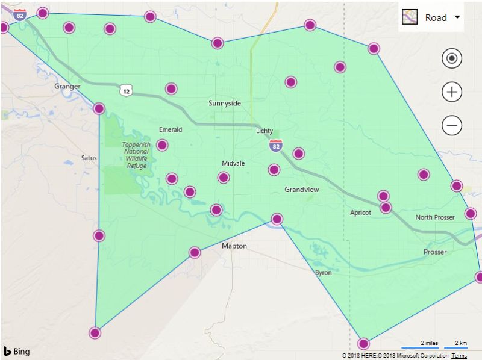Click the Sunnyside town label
point(225,103)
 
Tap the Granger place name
point(67,87)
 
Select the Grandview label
point(302,190)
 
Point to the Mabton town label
point(234,246)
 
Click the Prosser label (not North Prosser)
point(435,252)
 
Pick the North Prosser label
point(435,217)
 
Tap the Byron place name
point(323,273)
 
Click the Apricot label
point(361,213)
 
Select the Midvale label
point(233,164)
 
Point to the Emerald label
point(171,129)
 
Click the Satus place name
point(89,158)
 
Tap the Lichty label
point(264,131)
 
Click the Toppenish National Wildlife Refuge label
point(136,155)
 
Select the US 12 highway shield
point(125,91)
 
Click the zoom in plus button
point(452,92)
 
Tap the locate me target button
point(452,58)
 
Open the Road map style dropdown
point(432,17)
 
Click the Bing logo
point(16,352)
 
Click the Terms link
point(459,356)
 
